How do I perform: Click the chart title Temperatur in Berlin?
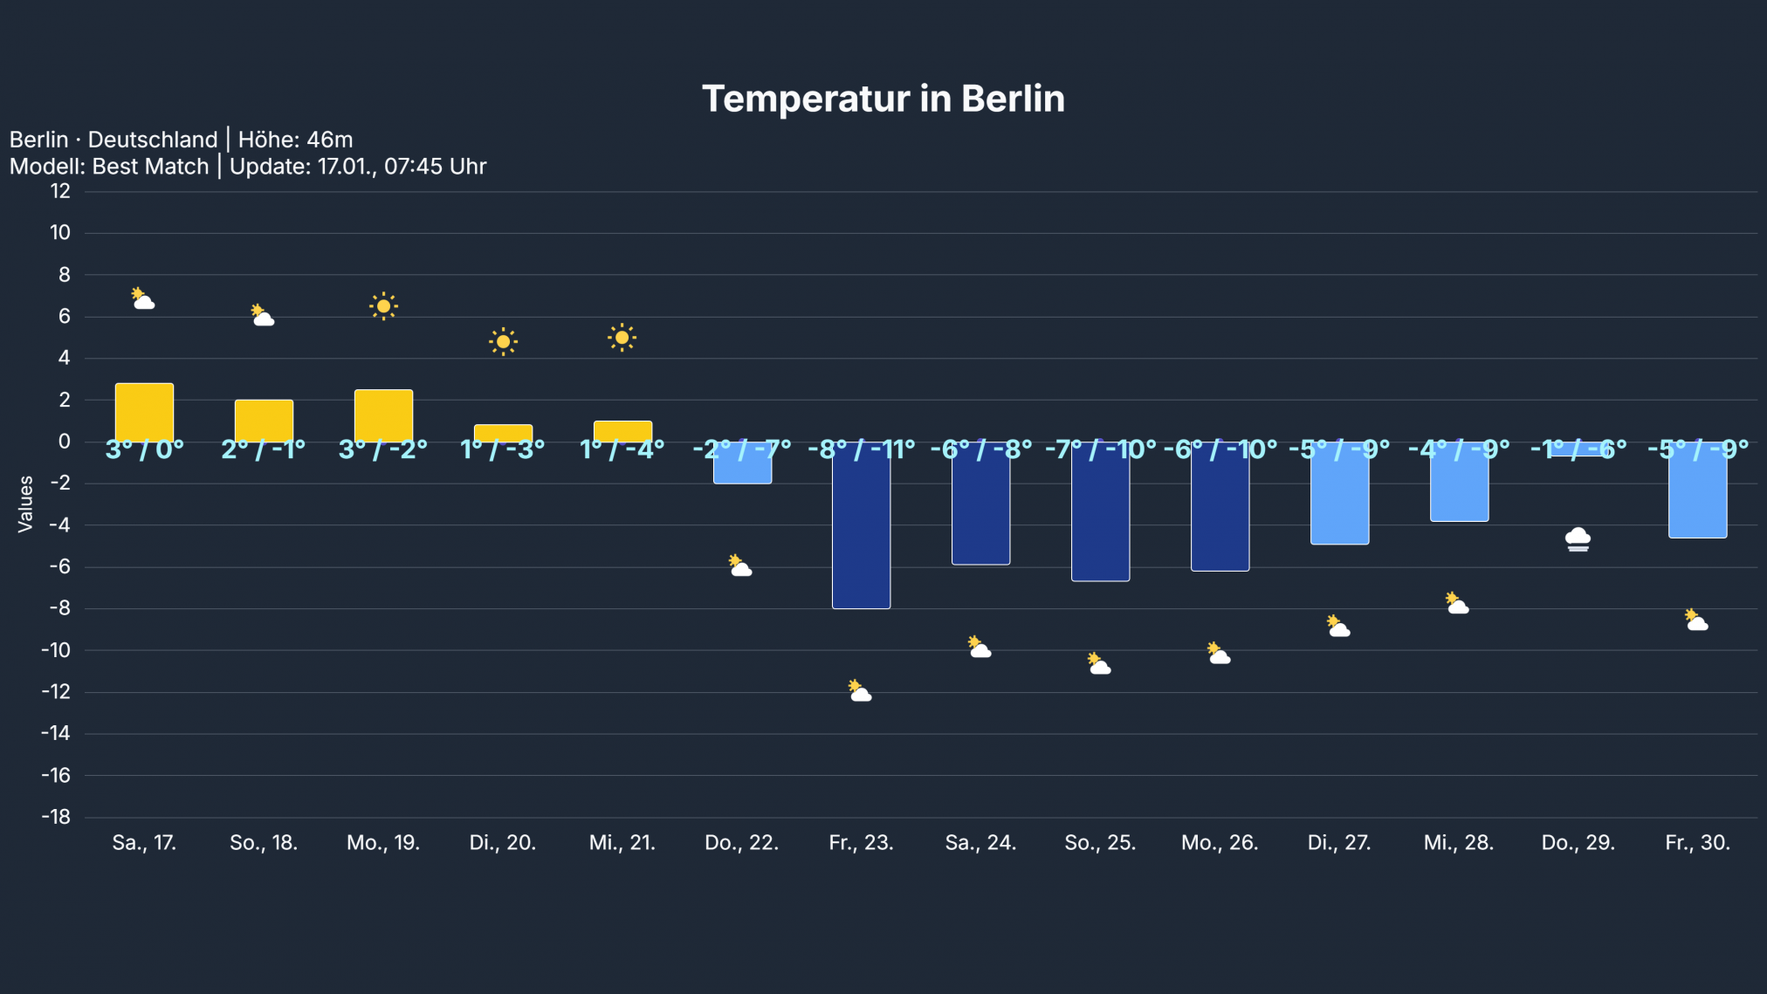coord(883,99)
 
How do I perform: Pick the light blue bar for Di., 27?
coord(1339,502)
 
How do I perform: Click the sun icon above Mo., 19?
coord(383,306)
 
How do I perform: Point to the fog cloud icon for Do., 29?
coord(1578,539)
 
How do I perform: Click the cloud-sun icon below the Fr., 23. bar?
coord(860,691)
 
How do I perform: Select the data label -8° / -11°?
coord(861,449)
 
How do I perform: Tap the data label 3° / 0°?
coord(144,449)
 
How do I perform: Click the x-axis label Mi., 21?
coord(622,843)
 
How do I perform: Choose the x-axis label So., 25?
coord(1100,843)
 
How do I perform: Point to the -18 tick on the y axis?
coord(56,817)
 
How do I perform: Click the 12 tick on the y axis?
coord(60,191)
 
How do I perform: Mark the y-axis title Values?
coord(25,504)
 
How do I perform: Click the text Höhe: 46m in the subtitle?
coord(295,140)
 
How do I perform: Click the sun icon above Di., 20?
coord(503,341)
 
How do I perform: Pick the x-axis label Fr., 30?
coord(1697,843)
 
